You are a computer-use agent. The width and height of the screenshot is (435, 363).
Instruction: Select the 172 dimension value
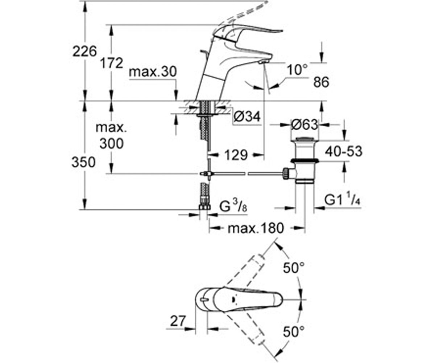tap(112, 63)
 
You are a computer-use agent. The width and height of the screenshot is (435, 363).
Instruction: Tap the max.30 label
tap(153, 72)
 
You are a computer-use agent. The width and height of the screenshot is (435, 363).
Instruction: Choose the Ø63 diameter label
tap(304, 125)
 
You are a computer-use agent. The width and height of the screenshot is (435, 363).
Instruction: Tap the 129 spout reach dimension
tap(236, 155)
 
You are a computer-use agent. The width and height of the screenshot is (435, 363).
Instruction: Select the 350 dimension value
tap(83, 162)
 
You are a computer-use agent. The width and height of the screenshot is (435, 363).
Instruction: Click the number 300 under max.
tap(111, 143)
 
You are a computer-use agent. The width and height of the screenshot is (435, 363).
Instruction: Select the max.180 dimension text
tap(256, 228)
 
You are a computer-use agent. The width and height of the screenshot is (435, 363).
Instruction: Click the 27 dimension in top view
tap(178, 321)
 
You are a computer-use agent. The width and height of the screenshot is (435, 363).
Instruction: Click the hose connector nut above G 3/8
tap(205, 207)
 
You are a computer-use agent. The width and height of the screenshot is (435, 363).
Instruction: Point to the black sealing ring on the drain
tap(305, 161)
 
